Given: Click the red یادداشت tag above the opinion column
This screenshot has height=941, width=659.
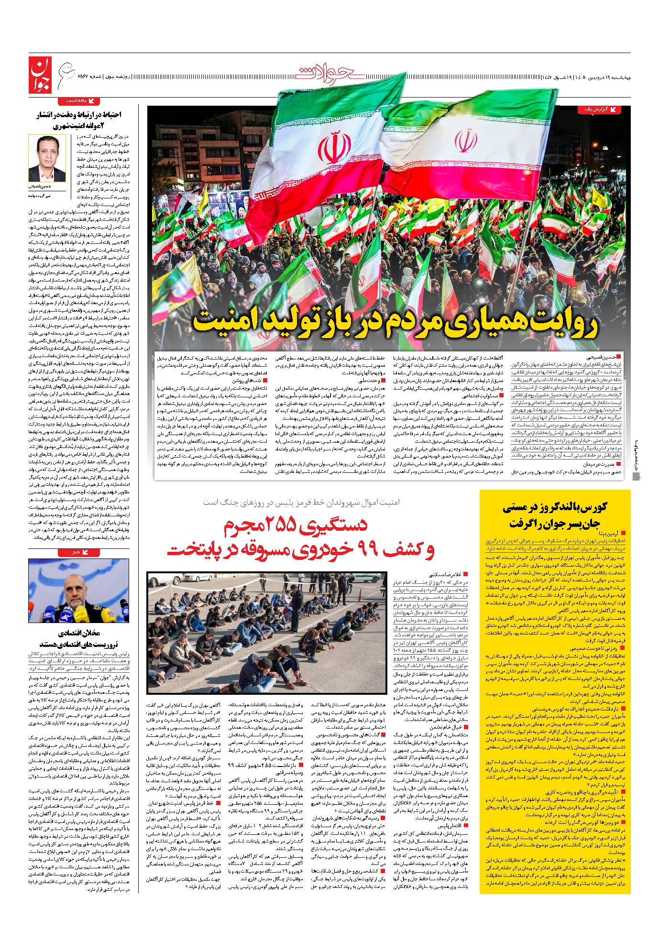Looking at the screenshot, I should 79,101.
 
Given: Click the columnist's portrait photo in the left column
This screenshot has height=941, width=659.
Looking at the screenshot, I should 46,159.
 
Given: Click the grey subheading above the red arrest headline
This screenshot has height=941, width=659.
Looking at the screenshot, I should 301,502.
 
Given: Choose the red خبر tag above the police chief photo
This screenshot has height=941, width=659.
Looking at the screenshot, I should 79,552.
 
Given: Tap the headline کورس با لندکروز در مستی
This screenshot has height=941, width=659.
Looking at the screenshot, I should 555,507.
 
